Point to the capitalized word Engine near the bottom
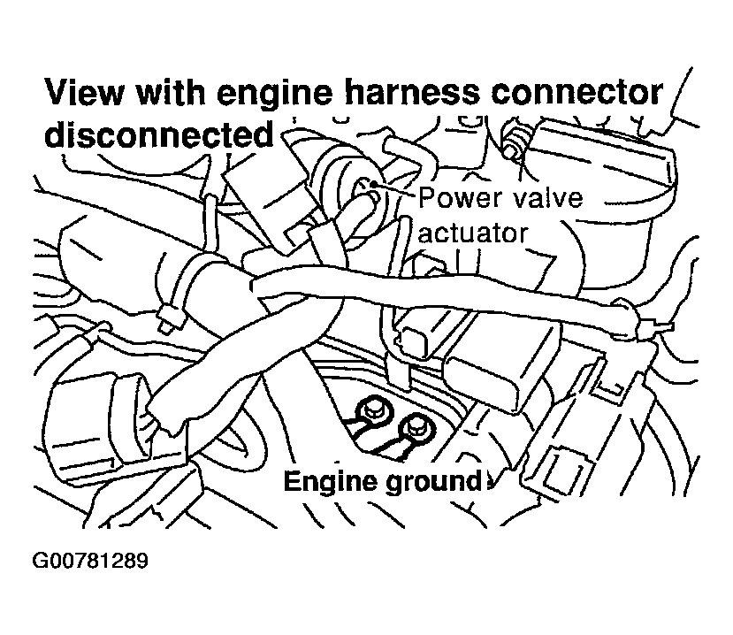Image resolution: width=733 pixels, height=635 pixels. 326,483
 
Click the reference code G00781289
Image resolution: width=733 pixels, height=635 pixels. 88,562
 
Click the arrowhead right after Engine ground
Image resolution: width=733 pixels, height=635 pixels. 485,483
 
